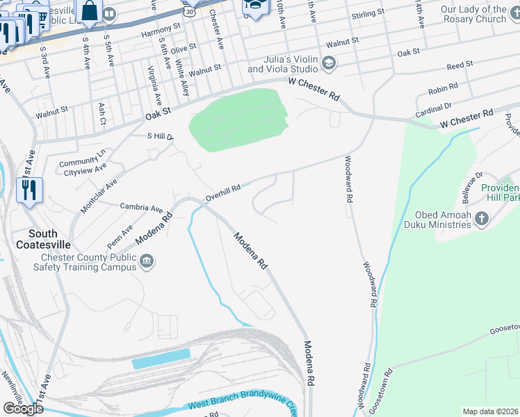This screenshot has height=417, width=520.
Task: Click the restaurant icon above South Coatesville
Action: click(x=29, y=190)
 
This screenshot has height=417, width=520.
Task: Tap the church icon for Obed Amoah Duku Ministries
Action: click(x=481, y=220)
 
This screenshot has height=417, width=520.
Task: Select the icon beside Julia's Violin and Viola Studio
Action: click(x=329, y=65)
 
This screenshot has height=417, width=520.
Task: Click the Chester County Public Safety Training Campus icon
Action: click(x=147, y=262)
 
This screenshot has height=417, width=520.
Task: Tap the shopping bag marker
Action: click(x=90, y=11)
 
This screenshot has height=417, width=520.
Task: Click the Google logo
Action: click(x=23, y=409)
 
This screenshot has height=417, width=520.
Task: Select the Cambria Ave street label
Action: click(x=141, y=207)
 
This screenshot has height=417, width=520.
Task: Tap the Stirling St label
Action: click(x=368, y=13)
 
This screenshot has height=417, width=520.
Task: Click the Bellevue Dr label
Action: click(x=469, y=185)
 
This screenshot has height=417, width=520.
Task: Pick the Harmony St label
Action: click(x=161, y=31)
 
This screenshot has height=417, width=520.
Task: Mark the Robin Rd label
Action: click(x=443, y=88)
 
